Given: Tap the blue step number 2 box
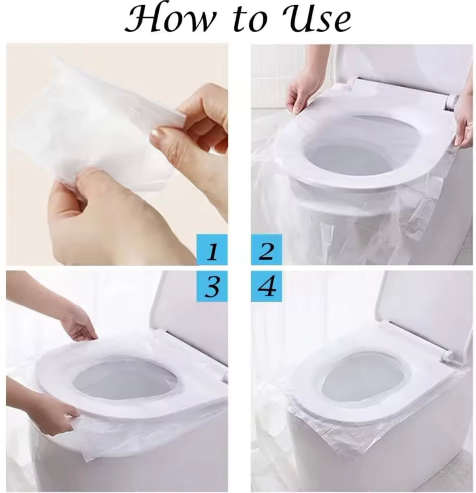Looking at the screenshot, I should click(x=266, y=250).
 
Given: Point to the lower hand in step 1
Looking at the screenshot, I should click(x=94, y=215).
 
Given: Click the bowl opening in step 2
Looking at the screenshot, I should click(x=358, y=150).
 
